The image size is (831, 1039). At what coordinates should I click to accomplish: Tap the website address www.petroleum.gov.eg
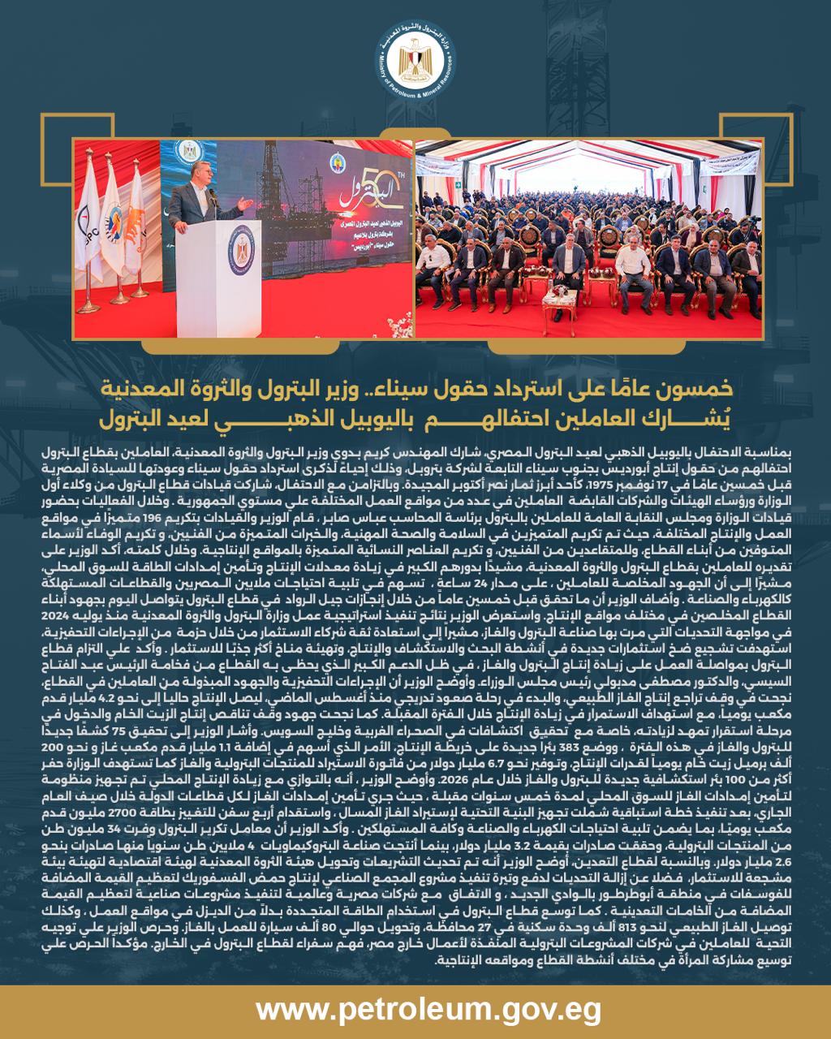[x=415, y=1010]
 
